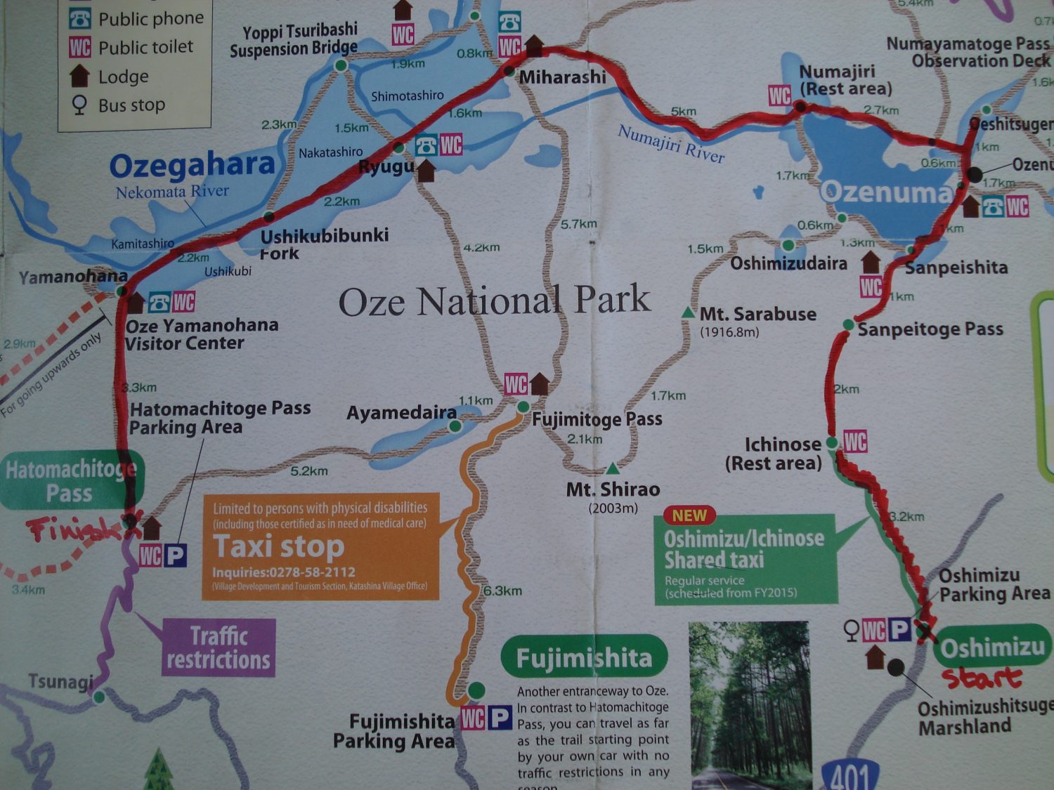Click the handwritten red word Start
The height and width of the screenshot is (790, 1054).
(x=982, y=678)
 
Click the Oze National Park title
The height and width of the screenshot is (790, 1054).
(x=494, y=301)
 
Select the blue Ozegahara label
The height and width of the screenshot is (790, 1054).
(x=192, y=165)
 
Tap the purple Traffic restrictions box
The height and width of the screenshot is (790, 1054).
(x=219, y=647)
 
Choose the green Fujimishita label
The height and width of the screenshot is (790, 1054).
(x=584, y=657)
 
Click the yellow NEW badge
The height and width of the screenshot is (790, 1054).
(x=689, y=515)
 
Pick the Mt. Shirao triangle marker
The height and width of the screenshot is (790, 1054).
(x=613, y=468)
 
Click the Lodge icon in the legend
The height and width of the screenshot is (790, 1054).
(x=79, y=75)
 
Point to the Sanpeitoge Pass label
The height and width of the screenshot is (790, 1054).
(x=930, y=329)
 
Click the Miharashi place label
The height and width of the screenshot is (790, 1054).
(x=562, y=77)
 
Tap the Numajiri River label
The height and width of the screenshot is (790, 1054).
(x=670, y=144)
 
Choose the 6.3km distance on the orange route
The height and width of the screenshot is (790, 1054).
(x=502, y=591)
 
